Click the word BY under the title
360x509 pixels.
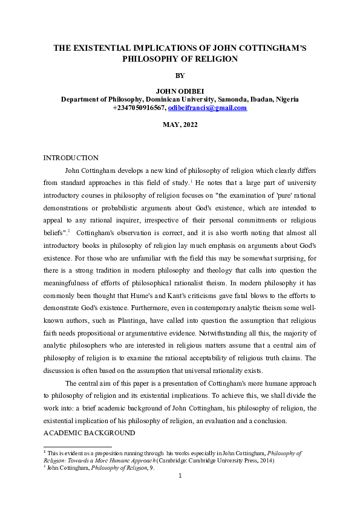coord(180,76)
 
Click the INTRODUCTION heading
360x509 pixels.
coord(71,158)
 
